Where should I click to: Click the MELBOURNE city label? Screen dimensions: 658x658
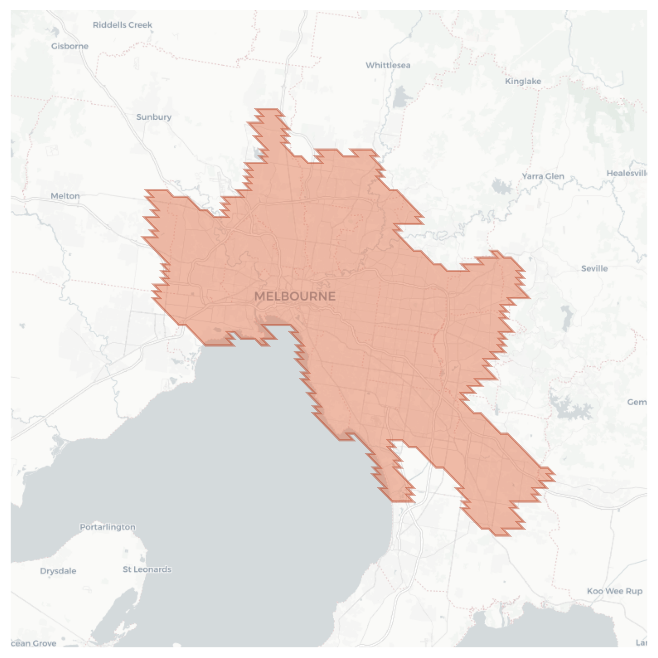tap(295, 296)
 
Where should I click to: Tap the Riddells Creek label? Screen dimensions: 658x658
tap(122, 25)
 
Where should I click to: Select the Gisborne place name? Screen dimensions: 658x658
tap(70, 46)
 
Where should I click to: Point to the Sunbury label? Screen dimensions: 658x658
tap(154, 117)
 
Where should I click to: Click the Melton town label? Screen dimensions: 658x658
tap(65, 196)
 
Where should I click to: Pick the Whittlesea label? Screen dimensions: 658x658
tap(388, 65)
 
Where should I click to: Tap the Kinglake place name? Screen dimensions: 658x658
tap(523, 81)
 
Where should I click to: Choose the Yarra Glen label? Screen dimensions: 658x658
tap(543, 176)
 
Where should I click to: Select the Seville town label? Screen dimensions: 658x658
tap(594, 269)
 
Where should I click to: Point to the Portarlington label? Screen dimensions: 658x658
tap(108, 527)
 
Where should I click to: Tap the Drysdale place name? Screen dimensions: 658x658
tap(58, 571)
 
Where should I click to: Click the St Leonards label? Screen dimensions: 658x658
tap(147, 569)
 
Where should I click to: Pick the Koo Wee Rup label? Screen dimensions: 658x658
tap(614, 591)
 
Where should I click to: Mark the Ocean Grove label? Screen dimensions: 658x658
tap(34, 643)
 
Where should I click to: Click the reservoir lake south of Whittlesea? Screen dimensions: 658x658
tap(400, 97)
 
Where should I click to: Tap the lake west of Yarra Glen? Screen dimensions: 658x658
tap(501, 186)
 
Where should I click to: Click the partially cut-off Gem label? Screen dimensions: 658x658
tap(637, 402)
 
